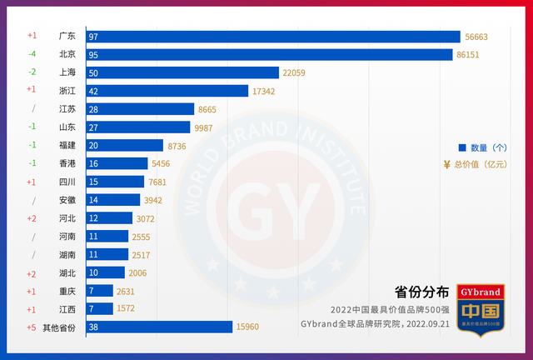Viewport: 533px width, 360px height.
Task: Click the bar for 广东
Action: coord(273,37)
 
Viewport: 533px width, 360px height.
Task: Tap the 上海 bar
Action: coord(182,72)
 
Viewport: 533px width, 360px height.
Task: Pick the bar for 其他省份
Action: coord(159,327)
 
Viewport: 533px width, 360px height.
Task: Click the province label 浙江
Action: coord(67,91)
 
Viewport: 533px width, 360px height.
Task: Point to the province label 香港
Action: coord(67,163)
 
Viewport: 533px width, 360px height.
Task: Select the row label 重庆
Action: coord(67,291)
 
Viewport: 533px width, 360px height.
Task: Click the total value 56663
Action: coord(482,37)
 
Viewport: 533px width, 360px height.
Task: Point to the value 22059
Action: coord(299,72)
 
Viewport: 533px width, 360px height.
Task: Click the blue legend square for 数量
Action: coord(462,147)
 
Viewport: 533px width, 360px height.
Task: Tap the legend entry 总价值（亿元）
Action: coord(481,164)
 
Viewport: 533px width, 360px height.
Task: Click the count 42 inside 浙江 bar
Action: coord(93,91)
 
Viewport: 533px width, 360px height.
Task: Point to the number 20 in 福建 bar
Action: coord(93,145)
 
